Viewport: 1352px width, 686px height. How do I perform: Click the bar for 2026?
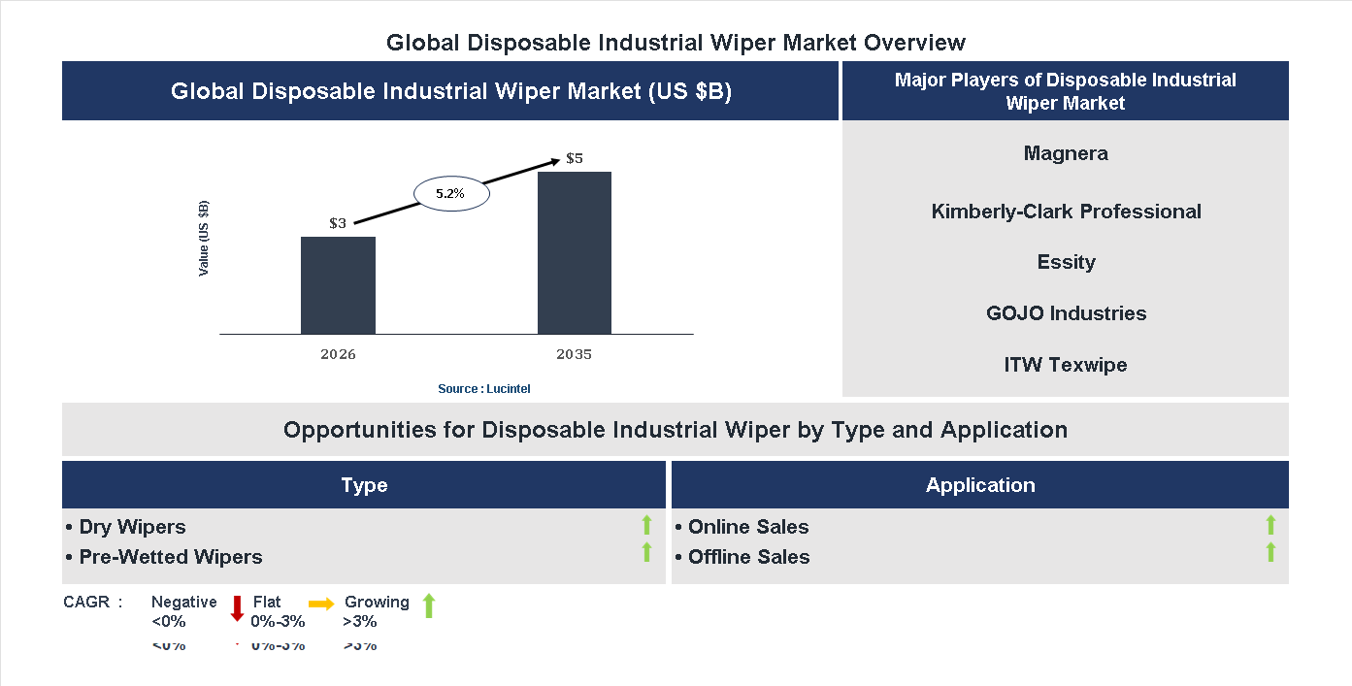point(338,285)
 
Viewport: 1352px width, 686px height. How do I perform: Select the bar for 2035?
point(575,253)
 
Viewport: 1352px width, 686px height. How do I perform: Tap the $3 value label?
point(338,223)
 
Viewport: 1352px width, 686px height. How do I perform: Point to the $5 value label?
point(575,158)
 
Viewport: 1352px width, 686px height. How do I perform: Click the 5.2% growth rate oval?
point(451,194)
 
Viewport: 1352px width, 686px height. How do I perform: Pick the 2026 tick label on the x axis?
point(338,354)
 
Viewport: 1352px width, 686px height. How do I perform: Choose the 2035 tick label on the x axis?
point(575,354)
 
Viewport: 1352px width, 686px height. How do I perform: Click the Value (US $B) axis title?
point(204,238)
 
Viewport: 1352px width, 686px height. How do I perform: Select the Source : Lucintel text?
point(484,388)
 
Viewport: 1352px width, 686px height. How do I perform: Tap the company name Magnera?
point(1066,153)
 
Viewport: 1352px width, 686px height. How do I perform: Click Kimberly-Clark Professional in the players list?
point(1066,212)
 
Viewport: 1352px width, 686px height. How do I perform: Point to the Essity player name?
point(1066,262)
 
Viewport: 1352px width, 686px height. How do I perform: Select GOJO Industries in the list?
point(1066,313)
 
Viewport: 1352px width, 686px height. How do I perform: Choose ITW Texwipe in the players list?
point(1066,365)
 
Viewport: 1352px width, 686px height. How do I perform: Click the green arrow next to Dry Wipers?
point(646,526)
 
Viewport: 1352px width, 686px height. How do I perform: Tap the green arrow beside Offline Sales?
point(1270,553)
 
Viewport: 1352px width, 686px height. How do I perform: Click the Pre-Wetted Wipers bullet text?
point(170,557)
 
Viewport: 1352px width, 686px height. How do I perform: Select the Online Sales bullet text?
point(747,527)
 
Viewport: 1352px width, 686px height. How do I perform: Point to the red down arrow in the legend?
point(237,608)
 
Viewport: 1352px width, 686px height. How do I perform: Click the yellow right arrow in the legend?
point(321,603)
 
